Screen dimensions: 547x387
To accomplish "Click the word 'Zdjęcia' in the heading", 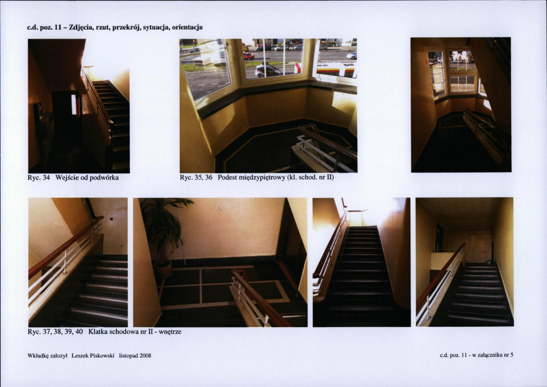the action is (81, 27).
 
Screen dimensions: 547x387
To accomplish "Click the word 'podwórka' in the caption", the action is (104, 178).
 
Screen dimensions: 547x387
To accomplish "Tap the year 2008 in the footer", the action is (145, 356).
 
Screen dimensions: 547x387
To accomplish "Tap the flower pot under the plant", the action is (163, 269).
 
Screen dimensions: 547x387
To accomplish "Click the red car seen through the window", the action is (249, 56).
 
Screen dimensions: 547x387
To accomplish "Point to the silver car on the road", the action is (268, 71).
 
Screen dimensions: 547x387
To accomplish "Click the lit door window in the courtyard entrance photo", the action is (73, 104).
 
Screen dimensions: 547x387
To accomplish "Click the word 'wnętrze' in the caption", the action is (170, 332).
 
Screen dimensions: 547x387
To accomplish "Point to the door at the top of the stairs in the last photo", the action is (480, 248).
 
